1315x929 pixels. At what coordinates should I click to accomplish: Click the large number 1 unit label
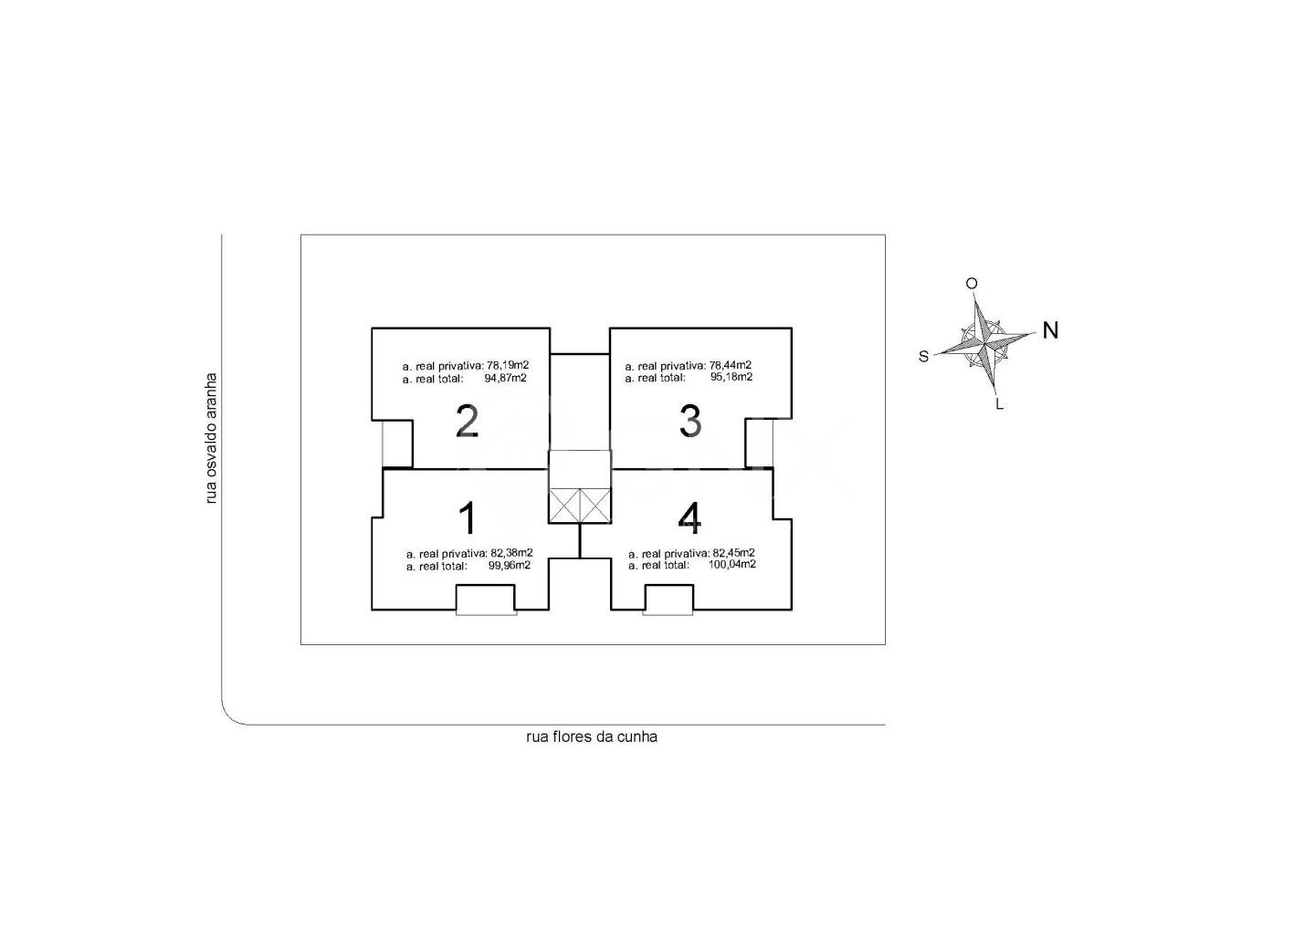pos(468,518)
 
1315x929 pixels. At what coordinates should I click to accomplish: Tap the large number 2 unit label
pos(468,422)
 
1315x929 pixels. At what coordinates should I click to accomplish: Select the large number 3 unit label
pos(690,422)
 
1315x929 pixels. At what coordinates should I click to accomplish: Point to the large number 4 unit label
pos(689,518)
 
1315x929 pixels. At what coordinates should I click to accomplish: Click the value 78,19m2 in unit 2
pos(508,365)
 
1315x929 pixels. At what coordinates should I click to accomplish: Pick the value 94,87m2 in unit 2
pos(506,379)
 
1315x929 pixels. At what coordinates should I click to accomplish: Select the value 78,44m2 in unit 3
pos(731,365)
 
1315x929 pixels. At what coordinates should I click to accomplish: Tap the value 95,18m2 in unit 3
pos(731,377)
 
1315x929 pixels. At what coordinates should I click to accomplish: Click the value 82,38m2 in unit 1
pos(512,552)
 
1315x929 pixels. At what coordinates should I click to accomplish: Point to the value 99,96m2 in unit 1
pos(510,566)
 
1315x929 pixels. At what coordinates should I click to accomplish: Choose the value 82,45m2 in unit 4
pos(734,552)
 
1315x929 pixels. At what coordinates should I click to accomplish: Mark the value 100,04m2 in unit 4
pos(732,564)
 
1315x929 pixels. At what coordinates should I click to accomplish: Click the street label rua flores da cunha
pos(592,737)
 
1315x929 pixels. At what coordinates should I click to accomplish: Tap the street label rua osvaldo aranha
pos(211,438)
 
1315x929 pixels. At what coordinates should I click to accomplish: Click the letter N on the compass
pos(1050,330)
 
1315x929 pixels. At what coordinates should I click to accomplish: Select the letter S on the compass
pos(923,357)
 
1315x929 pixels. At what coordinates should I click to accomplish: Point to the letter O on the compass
pos(972,284)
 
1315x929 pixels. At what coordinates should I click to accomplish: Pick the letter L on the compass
pos(999,404)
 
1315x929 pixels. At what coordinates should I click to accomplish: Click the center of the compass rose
pos(984,342)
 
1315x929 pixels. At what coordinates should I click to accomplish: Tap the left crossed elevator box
pos(564,505)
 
